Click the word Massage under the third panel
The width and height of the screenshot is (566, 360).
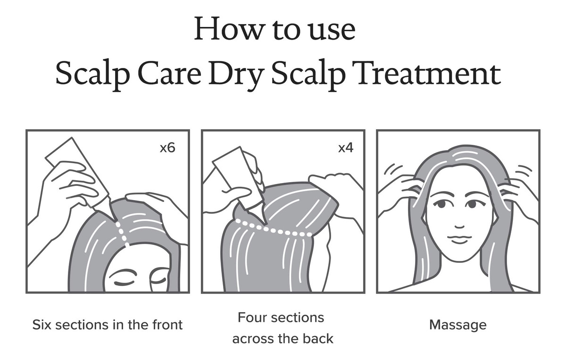458,326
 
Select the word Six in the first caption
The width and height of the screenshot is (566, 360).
42,325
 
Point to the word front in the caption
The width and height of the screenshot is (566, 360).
167,325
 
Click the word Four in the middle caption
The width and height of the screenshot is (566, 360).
252,318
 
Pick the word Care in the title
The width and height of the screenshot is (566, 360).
169,74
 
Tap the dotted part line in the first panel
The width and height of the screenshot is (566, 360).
122,234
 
